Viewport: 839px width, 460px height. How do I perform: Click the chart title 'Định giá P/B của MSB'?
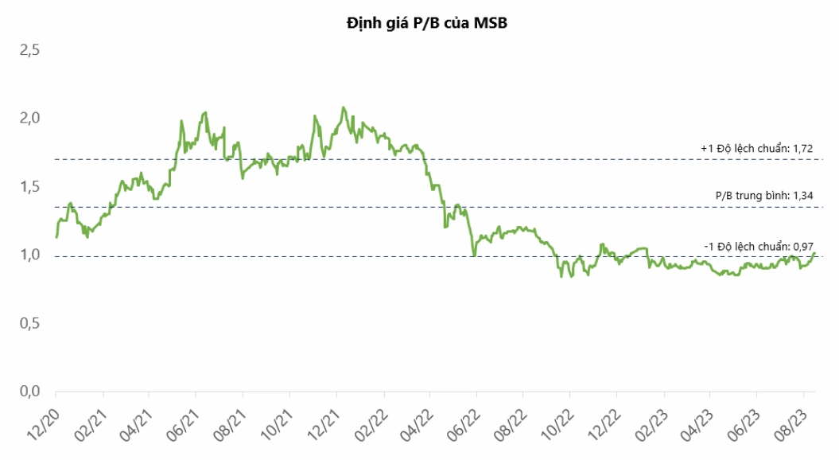click(x=426, y=24)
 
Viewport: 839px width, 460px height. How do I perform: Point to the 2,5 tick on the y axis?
click(x=30, y=51)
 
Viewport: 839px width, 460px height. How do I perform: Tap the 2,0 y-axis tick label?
click(x=30, y=119)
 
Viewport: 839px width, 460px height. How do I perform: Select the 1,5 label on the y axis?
click(x=30, y=187)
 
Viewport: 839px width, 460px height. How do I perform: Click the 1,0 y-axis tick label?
click(x=30, y=255)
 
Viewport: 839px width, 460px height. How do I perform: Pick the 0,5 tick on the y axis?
click(x=30, y=323)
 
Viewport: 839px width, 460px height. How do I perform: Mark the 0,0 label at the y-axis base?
click(x=30, y=392)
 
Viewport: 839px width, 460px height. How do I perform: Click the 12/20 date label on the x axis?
click(x=43, y=425)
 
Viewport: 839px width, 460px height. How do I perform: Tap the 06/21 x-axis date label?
click(x=183, y=425)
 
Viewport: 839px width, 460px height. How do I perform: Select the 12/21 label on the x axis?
click(x=324, y=425)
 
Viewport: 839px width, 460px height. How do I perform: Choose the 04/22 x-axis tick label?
click(x=418, y=425)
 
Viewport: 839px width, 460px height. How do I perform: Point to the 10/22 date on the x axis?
click(x=558, y=425)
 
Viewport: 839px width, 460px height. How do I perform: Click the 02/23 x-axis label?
click(x=652, y=425)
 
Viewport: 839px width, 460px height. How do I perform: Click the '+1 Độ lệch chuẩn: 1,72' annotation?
click(x=756, y=149)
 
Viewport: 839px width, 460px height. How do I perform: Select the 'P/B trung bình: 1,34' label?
click(x=764, y=196)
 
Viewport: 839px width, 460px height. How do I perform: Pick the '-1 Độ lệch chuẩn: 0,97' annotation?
click(x=759, y=247)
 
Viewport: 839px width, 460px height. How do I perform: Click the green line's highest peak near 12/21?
click(x=343, y=107)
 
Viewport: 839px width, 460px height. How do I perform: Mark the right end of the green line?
click(x=814, y=253)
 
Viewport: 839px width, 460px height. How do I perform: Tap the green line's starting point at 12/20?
click(x=56, y=236)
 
